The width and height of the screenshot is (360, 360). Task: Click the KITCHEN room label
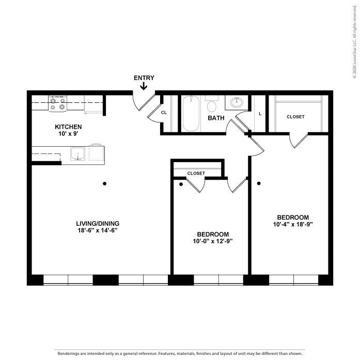(68, 127)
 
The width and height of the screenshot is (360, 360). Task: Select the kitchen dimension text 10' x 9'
(68, 134)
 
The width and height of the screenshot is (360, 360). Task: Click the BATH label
(216, 118)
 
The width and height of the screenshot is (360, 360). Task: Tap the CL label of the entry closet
(164, 112)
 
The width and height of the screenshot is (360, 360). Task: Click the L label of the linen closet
(260, 114)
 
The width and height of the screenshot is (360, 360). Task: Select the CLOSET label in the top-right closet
(295, 117)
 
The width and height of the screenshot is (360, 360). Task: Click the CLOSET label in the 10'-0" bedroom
(196, 173)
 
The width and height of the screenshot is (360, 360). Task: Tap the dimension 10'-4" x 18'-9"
(292, 224)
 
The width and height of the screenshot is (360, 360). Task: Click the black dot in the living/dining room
(105, 183)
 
